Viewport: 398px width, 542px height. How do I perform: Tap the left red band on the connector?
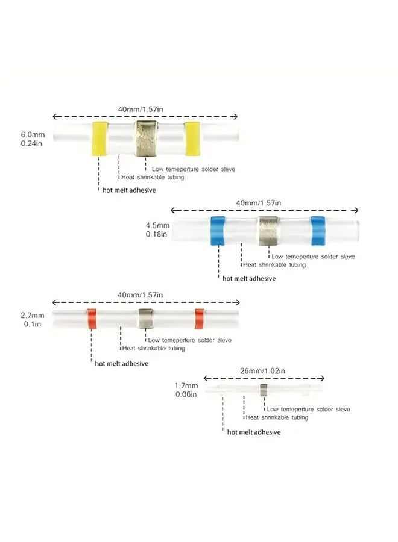point(92,319)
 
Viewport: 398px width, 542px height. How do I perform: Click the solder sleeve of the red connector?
point(145,319)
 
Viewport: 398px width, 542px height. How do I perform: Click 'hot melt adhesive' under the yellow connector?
point(128,190)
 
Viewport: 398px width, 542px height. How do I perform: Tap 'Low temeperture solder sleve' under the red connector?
point(191,340)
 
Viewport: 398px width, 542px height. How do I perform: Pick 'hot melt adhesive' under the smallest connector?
point(254,432)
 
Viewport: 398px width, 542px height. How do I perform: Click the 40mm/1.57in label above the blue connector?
point(265,203)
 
